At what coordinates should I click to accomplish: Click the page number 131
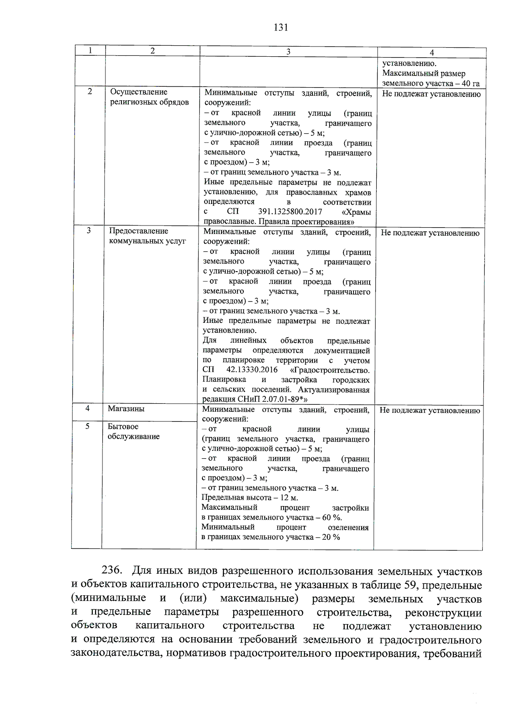point(281,28)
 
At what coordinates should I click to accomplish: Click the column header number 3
point(288,52)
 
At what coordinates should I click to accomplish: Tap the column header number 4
point(431,52)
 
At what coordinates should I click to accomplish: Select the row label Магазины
point(126,409)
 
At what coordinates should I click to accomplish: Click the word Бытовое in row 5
point(123,426)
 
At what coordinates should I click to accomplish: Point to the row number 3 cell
point(88,231)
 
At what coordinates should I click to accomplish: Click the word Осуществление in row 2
point(138,92)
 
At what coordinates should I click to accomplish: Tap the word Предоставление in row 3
point(138,231)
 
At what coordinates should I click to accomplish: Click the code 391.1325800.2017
point(290,212)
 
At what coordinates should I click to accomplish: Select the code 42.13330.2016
point(252,370)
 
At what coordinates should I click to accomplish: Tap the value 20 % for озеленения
point(330,537)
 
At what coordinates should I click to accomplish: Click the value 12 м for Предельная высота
point(289,498)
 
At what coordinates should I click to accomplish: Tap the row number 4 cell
point(87,408)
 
